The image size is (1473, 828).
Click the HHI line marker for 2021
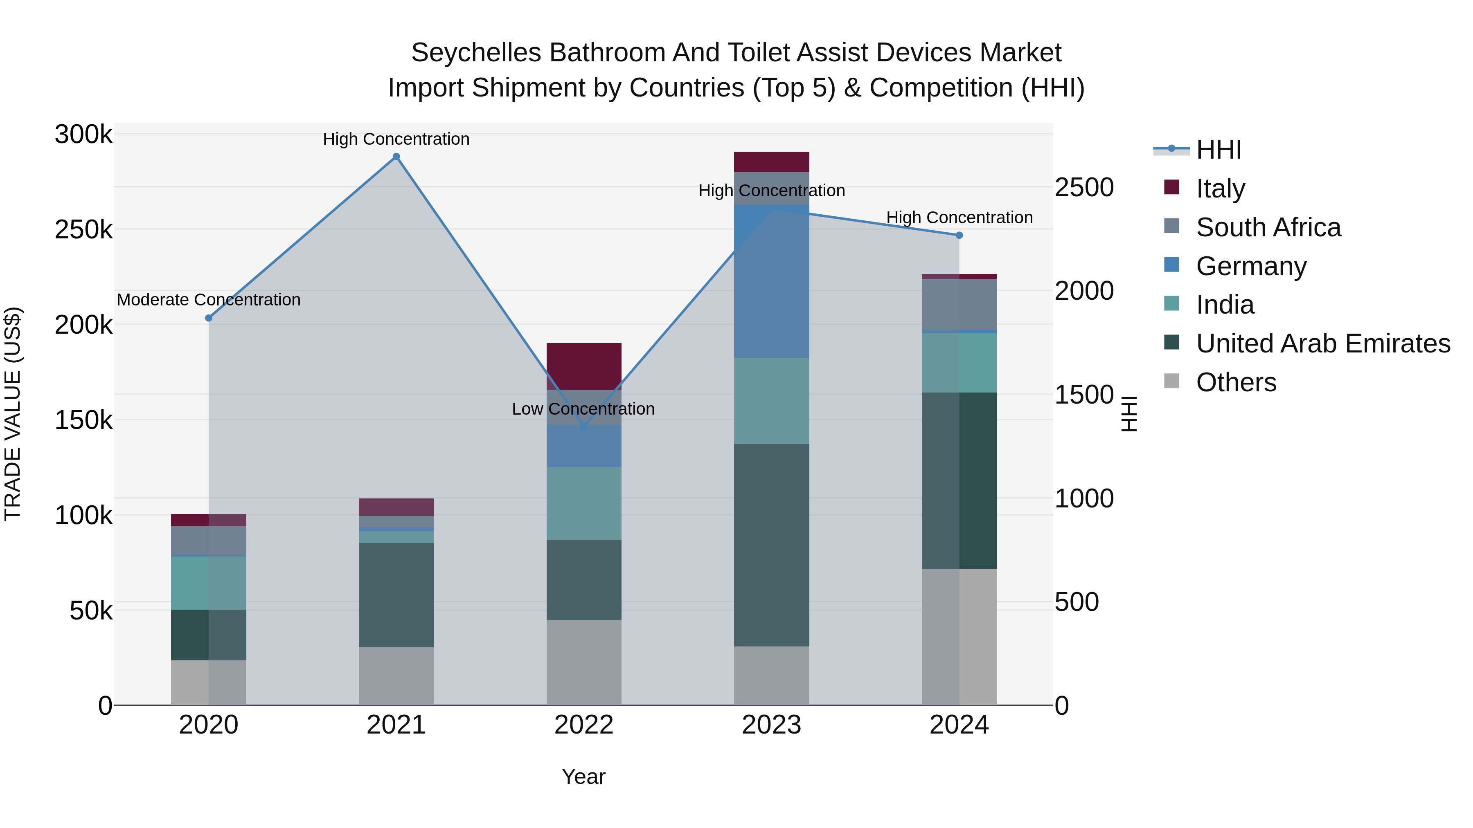[396, 157]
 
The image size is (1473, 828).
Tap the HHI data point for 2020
[209, 318]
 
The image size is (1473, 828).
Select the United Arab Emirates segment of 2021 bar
[396, 594]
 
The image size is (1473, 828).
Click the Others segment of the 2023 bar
[771, 675]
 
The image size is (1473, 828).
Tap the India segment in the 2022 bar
[584, 503]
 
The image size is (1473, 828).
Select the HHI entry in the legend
[1218, 150]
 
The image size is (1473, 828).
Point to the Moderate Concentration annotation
[209, 299]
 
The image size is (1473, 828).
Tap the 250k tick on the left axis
[83, 230]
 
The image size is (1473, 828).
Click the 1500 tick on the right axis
[1083, 395]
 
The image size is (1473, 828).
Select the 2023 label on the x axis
[771, 725]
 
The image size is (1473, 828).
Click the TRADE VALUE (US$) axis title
[13, 414]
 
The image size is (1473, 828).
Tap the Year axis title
[583, 776]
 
